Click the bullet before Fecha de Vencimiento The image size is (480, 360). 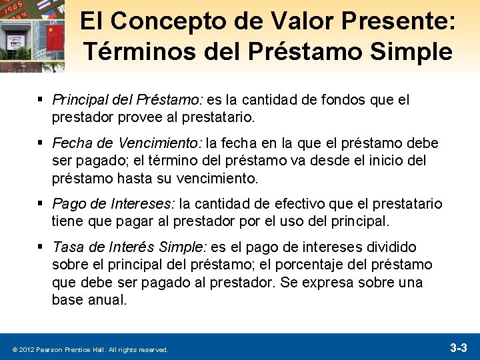[x=41, y=143]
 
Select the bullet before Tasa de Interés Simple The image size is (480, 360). [x=41, y=247]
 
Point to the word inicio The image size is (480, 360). [x=377, y=161]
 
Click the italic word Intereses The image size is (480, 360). [x=143, y=204]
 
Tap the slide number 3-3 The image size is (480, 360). [x=459, y=347]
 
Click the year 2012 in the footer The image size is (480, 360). [x=25, y=349]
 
